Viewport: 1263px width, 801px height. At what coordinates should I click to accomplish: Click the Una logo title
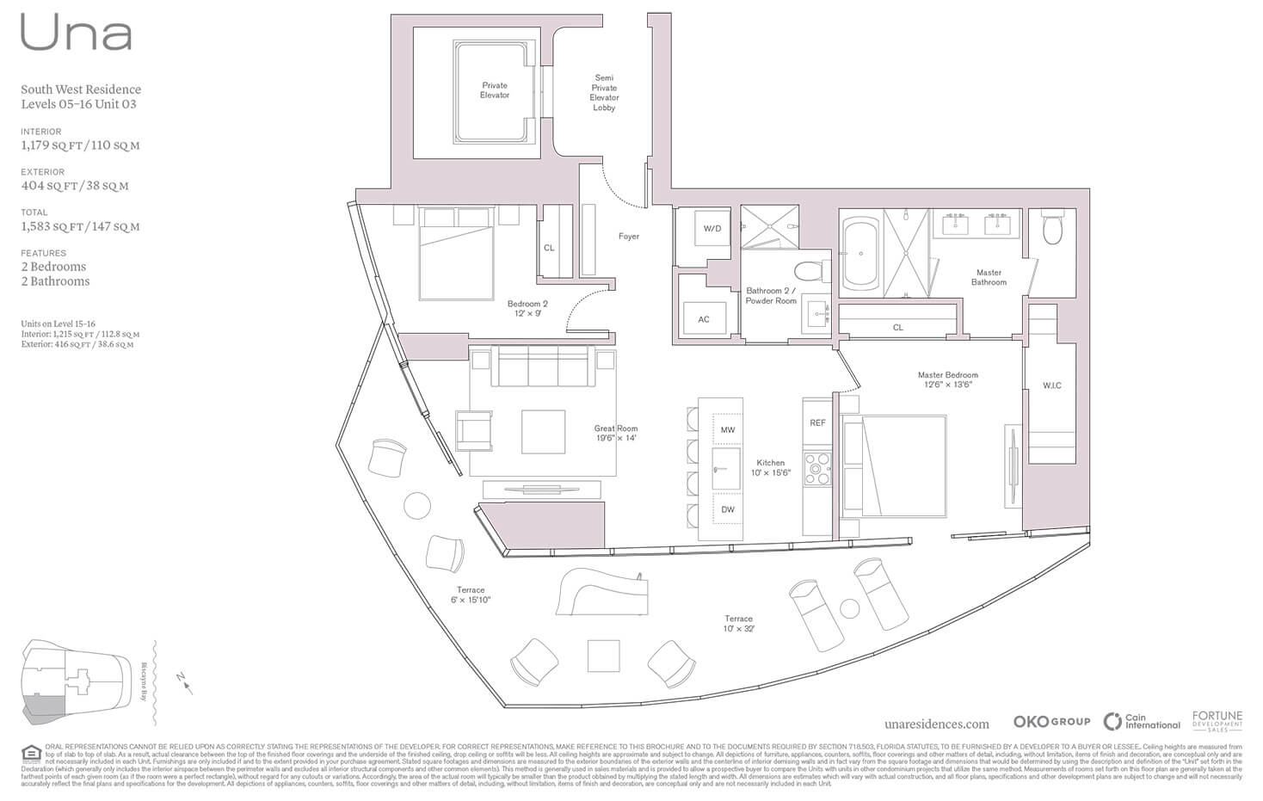[77, 34]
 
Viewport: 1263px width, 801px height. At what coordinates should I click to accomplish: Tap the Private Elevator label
[495, 90]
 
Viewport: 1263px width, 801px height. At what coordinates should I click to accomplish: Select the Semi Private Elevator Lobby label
[604, 93]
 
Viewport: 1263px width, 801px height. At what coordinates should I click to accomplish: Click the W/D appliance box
[712, 230]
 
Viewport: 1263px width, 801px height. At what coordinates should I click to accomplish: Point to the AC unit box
[704, 319]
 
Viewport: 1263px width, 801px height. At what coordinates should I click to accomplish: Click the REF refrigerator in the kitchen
[817, 422]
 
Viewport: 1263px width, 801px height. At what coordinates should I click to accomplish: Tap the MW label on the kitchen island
[728, 429]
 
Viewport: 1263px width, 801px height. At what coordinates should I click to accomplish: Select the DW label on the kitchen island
[728, 509]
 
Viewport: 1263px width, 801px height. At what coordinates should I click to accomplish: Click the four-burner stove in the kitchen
[817, 470]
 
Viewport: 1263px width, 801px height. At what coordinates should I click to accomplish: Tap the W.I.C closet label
[1051, 385]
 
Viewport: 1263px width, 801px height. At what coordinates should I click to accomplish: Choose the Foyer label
[629, 237]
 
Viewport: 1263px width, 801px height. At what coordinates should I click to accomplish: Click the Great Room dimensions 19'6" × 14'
[616, 438]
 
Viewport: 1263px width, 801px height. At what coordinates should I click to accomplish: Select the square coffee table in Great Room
[543, 432]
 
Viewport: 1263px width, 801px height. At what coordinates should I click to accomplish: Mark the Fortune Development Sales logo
[1217, 721]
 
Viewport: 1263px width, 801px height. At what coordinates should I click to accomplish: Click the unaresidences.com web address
[936, 724]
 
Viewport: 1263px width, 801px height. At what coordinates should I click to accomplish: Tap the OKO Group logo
[1050, 722]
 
